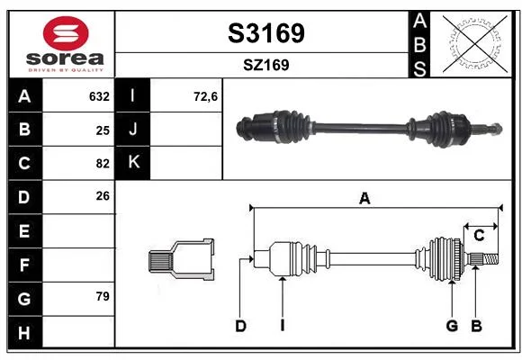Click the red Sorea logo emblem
point(66,33)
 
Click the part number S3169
point(266,33)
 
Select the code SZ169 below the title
point(266,65)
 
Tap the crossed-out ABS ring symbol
point(475,43)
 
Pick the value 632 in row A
point(99,96)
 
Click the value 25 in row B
point(103,130)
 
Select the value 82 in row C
point(103,164)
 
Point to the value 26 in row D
point(103,196)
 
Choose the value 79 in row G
point(103,296)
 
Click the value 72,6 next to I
point(205,96)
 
